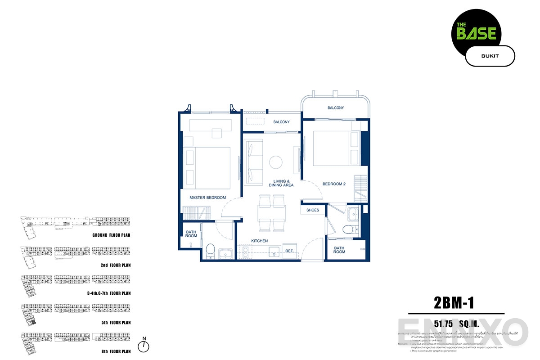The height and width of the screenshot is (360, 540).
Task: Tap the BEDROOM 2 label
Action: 334,184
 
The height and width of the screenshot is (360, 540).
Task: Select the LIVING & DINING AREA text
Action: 281,183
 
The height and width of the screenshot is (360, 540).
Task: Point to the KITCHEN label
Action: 260,241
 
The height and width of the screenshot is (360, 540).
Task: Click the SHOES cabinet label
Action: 313,210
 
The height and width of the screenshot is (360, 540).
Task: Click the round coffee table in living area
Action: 275,162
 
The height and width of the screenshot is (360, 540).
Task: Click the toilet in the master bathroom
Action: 210,250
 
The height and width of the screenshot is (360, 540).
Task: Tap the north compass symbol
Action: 144,346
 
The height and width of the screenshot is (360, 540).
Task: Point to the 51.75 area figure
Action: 443,324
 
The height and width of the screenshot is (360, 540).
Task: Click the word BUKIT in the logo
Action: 490,56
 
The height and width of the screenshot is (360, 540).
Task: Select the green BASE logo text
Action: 477,33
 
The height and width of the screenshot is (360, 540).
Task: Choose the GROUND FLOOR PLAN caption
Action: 111,235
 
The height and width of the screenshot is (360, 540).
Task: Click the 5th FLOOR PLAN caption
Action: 116,323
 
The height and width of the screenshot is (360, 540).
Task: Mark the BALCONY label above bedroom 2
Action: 336,108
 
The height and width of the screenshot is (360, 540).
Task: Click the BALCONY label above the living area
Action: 281,122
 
